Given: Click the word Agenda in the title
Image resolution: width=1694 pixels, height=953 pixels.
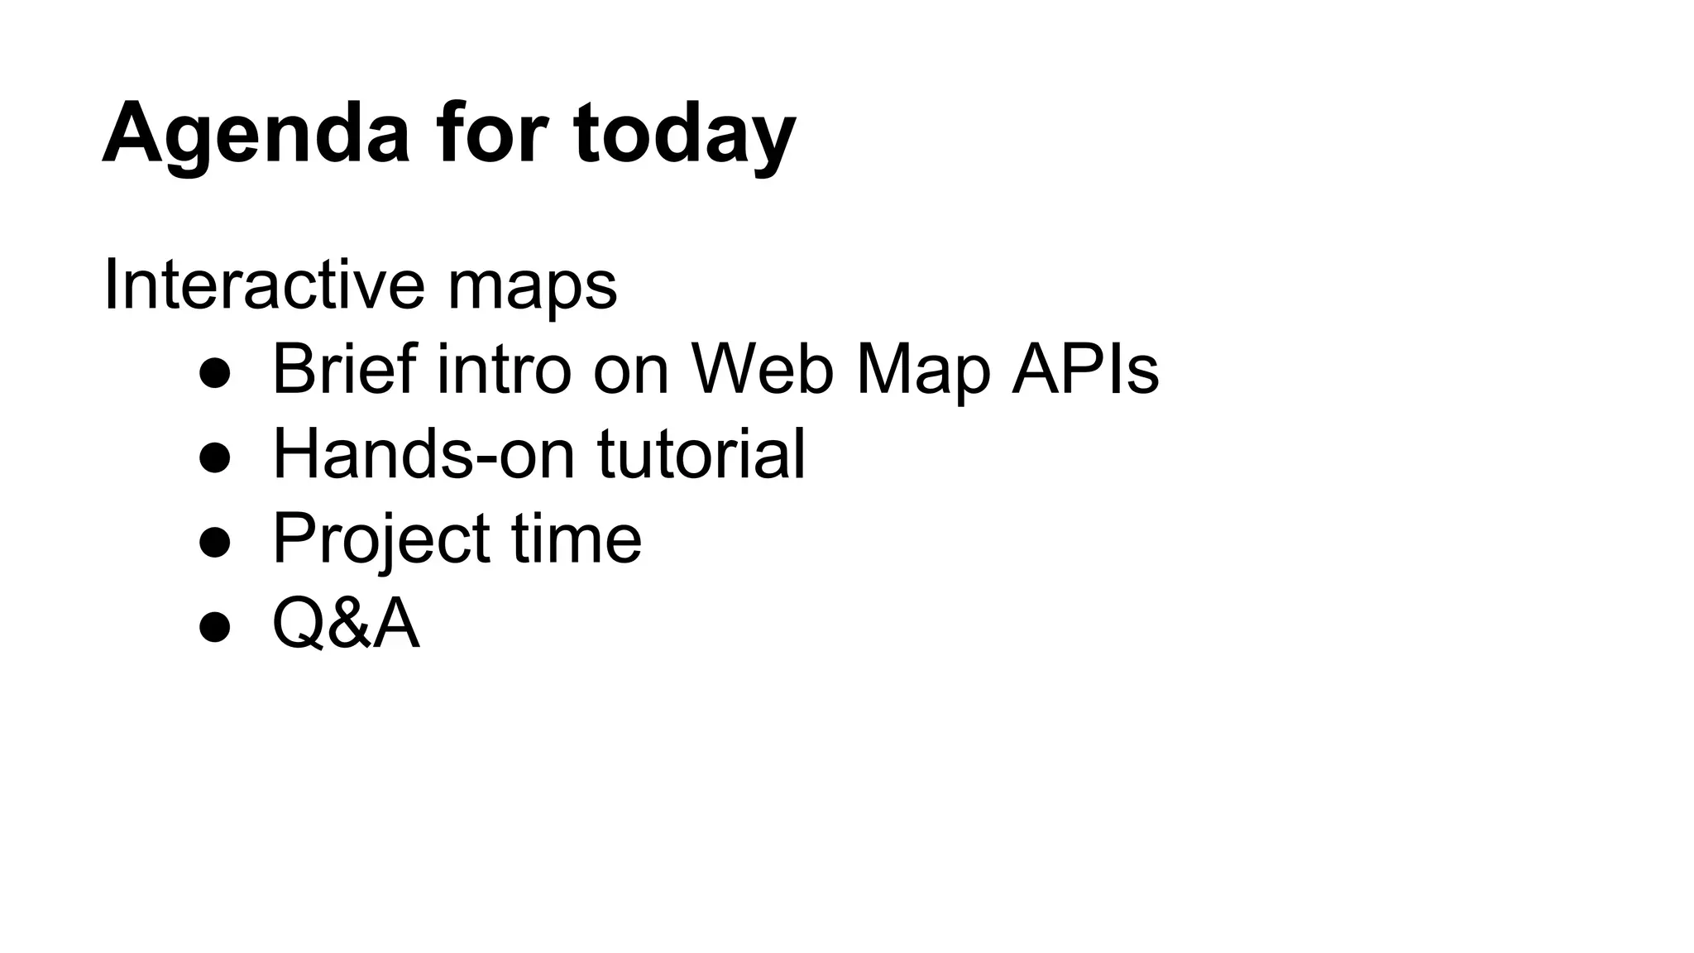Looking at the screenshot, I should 256,134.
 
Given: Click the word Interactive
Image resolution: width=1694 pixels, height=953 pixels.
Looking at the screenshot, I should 264,285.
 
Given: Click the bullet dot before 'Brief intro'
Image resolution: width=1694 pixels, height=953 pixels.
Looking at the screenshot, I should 215,373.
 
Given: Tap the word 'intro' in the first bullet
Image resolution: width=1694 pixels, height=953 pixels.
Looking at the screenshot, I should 504,369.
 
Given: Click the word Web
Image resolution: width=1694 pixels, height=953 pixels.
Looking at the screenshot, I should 762,369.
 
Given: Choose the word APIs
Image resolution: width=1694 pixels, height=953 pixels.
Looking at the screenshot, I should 1084,369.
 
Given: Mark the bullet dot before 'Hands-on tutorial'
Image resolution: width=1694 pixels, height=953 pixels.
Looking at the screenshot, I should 215,457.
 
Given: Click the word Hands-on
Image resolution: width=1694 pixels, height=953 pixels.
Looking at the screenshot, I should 423,453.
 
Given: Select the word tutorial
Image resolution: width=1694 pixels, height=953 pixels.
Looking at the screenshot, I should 701,453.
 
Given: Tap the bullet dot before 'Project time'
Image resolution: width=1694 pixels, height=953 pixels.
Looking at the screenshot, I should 215,542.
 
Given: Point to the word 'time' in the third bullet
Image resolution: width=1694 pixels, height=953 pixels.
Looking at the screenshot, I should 577,538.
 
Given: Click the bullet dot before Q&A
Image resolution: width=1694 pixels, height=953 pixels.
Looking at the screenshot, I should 215,626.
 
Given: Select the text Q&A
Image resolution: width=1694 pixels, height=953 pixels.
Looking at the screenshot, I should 346,623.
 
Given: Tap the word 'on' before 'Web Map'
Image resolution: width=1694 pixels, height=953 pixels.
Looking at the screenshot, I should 630,371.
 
